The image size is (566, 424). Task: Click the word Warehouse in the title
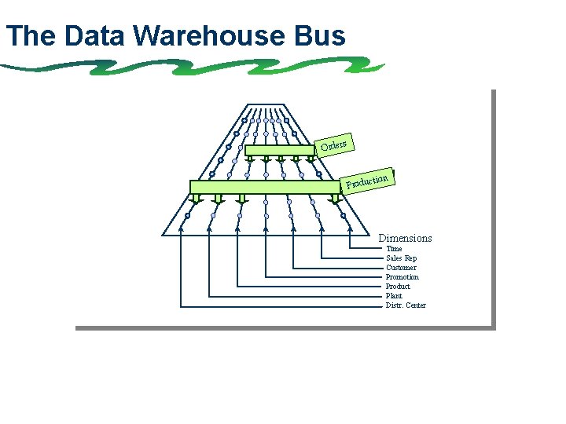[211, 36]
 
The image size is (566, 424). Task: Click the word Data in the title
[97, 36]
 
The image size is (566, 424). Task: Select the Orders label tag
[334, 145]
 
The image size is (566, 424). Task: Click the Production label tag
[368, 181]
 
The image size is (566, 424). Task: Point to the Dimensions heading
[405, 238]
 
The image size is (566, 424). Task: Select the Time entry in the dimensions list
[394, 249]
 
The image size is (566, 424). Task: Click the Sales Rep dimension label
[401, 258]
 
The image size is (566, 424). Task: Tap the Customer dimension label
[401, 268]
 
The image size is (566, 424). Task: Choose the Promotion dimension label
[402, 277]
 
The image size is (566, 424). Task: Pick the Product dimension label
[398, 287]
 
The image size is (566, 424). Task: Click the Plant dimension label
[394, 296]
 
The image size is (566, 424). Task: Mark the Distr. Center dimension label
[406, 305]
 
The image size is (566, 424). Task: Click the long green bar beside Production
[267, 187]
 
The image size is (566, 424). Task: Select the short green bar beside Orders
[279, 150]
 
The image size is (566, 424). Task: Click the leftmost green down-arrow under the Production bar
[197, 199]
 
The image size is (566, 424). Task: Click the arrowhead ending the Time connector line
[350, 230]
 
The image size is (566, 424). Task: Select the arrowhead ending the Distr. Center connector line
[182, 230]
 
